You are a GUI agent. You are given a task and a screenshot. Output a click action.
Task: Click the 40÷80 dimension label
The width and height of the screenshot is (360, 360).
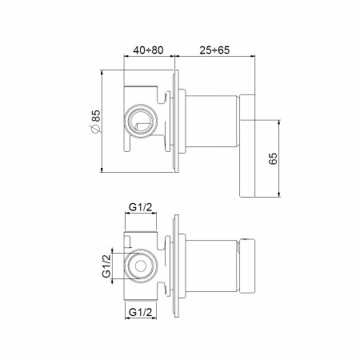click(148, 50)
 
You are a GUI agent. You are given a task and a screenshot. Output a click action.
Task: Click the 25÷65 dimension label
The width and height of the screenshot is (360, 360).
click(214, 50)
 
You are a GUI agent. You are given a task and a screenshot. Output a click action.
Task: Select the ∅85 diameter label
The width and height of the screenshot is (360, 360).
click(96, 121)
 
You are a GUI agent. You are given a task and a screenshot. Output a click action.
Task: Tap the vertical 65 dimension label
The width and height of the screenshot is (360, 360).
click(273, 158)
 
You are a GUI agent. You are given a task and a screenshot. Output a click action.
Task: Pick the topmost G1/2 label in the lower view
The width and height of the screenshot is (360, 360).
click(140, 206)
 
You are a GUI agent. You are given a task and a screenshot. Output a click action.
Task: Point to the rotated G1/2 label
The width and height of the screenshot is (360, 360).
click(106, 266)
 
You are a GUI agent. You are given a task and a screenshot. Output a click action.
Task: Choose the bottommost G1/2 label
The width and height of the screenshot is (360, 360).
click(140, 312)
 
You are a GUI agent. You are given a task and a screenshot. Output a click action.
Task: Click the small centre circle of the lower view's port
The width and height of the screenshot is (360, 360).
click(141, 266)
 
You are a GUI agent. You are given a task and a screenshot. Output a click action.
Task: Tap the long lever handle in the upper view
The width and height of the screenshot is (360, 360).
click(247, 146)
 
